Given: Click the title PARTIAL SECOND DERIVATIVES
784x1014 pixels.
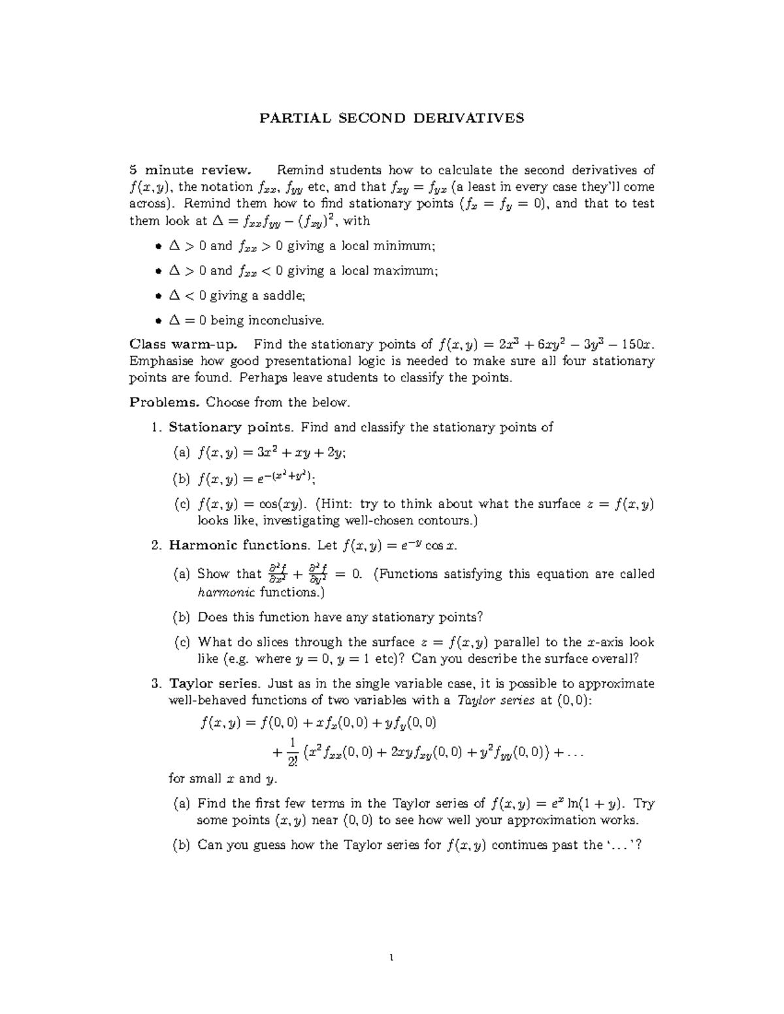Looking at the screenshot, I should [x=392, y=118].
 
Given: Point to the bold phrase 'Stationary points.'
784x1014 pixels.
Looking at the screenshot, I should [x=231, y=428].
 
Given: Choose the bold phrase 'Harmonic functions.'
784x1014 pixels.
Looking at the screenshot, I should [x=239, y=545].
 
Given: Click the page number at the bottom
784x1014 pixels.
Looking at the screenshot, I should [x=392, y=959].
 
